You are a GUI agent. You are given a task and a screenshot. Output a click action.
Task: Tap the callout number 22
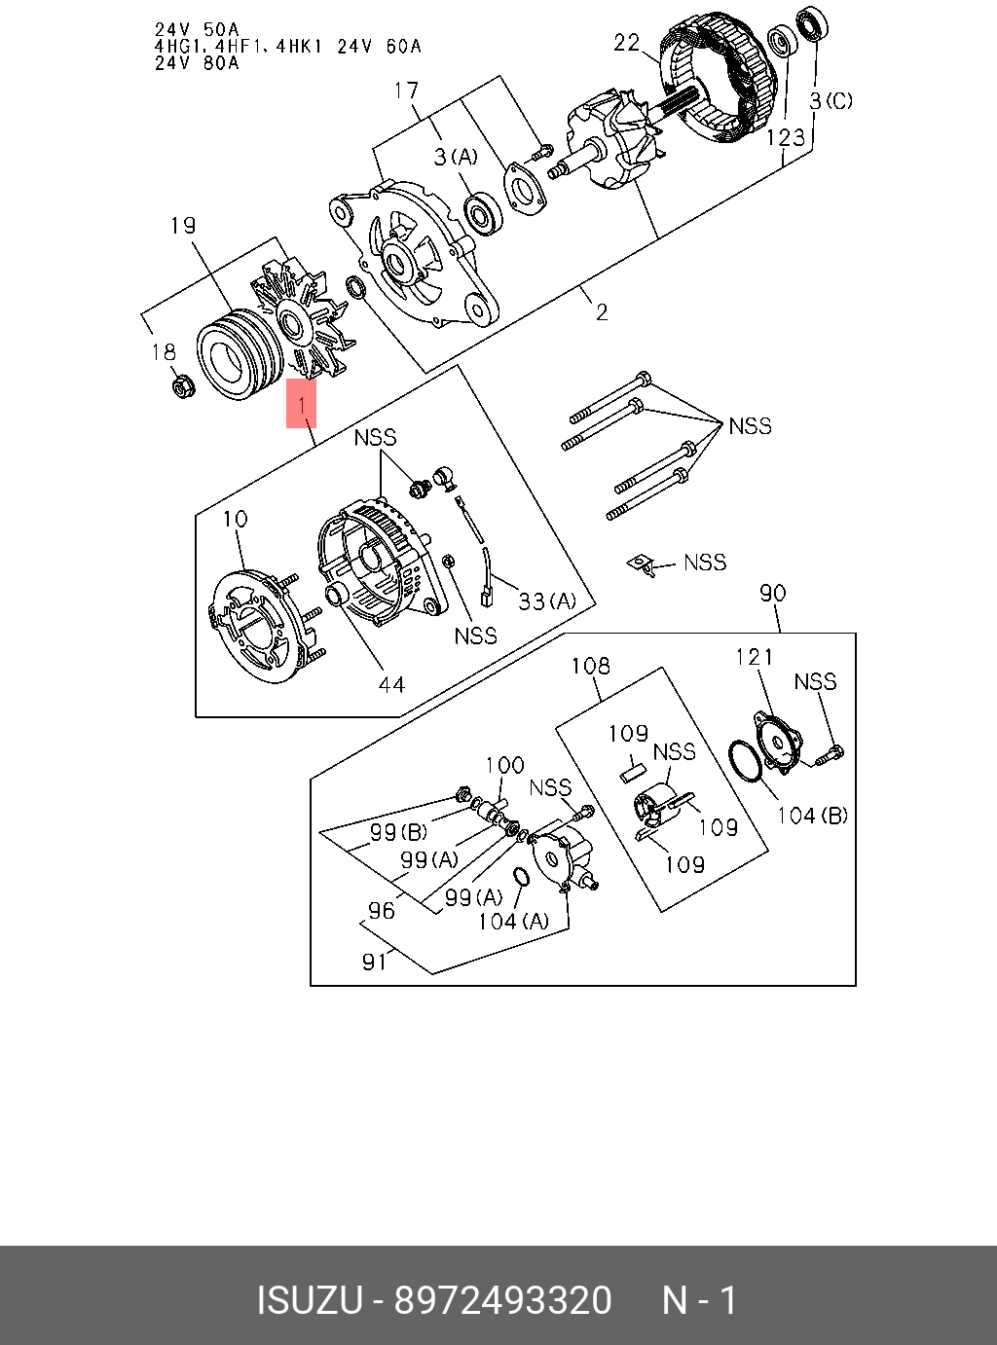coord(627,42)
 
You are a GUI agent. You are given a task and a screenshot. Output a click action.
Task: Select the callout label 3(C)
coord(831,100)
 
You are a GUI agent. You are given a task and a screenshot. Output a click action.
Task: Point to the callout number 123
coord(785,137)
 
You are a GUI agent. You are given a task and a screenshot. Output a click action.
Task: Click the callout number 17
coord(406,91)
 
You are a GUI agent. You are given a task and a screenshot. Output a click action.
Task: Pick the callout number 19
coord(182,226)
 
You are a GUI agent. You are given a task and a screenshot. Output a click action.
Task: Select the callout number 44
coord(390,685)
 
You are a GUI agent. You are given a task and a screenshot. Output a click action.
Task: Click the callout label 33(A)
coord(546,601)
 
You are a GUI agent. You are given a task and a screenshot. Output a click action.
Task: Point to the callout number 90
coord(772,593)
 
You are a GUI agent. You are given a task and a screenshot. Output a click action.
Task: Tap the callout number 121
coord(754,657)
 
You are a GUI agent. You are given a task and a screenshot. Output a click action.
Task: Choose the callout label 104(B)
coord(811,816)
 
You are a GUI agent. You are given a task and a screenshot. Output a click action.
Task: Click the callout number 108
coord(590,666)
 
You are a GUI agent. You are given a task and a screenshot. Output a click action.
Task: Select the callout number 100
coord(504,765)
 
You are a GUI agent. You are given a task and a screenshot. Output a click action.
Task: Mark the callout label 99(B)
coord(398,832)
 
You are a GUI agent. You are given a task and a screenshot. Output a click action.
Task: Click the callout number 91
coord(375,962)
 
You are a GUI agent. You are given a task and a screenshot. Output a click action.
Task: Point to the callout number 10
coord(235,520)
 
